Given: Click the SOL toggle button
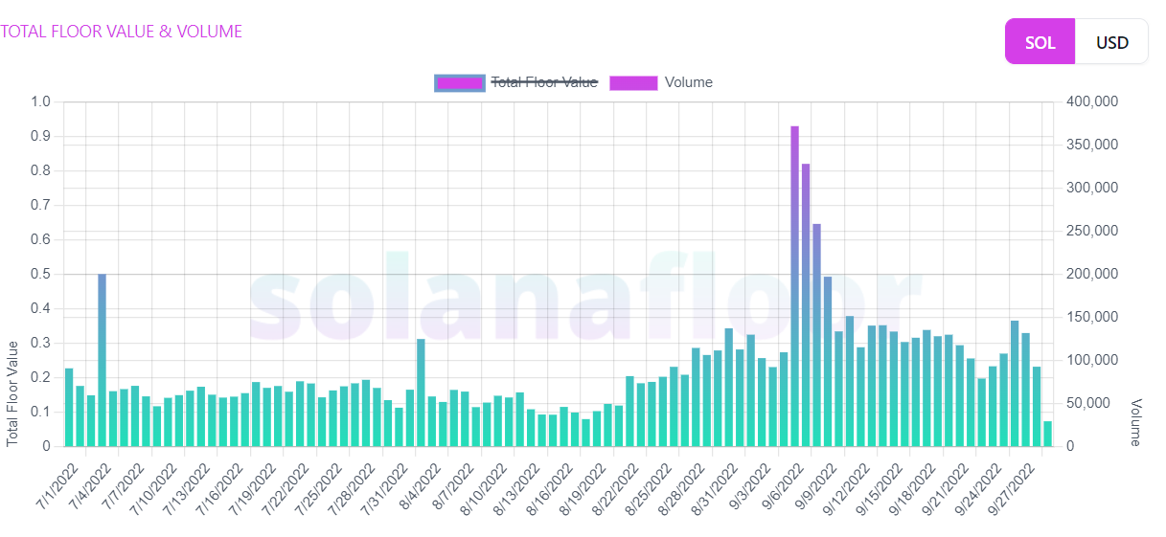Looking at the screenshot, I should click(1040, 42).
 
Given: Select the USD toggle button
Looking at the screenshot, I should click(1111, 42).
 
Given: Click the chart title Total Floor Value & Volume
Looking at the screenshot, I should click(122, 32).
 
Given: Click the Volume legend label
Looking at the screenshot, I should click(688, 82).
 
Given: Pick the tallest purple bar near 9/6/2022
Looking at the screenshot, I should click(794, 286).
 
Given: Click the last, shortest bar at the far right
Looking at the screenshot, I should click(1047, 434).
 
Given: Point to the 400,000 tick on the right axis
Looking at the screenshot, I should click(1091, 101).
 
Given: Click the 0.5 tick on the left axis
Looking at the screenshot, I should click(41, 274).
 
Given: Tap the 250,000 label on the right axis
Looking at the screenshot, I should click(1091, 231).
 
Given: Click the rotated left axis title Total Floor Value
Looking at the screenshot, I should click(12, 392).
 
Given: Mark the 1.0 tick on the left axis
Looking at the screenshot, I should click(41, 101).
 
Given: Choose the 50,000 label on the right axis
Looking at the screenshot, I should click(1087, 403).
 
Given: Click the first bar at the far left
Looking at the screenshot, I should click(69, 407).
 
